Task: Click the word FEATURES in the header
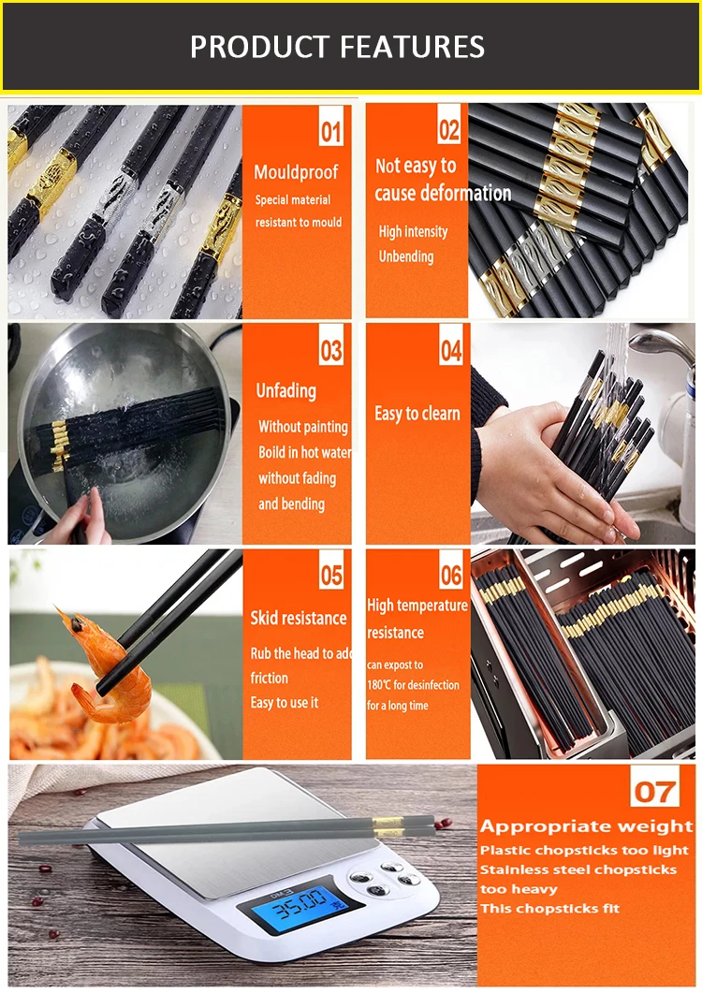click(x=413, y=47)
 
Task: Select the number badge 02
click(x=449, y=128)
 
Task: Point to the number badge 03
click(x=330, y=349)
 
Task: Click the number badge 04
click(x=451, y=349)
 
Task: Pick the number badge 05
click(x=331, y=574)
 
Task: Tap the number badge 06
click(x=451, y=574)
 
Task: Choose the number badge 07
click(x=654, y=791)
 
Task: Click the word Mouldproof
click(x=296, y=172)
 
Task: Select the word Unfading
click(x=285, y=390)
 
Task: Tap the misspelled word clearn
click(x=441, y=414)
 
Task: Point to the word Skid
click(x=264, y=618)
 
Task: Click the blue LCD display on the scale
click(x=299, y=902)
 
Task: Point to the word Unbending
click(x=406, y=256)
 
